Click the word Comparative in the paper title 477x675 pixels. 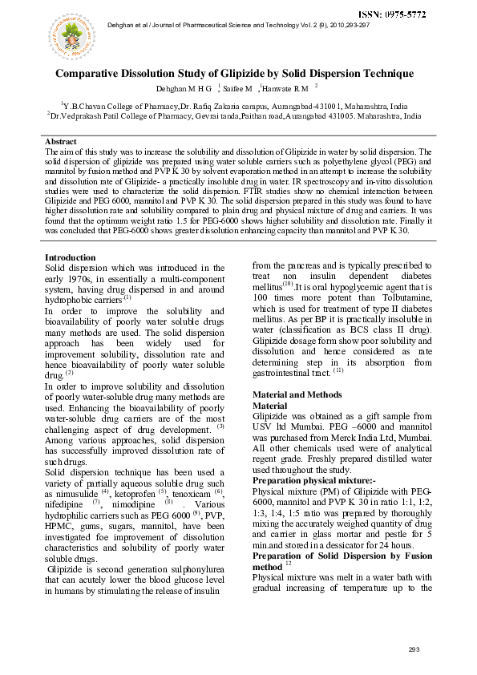pyautogui.click(x=92, y=74)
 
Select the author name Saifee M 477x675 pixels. pyautogui.click(x=236, y=87)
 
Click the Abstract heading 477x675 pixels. pyautogui.click(x=61, y=141)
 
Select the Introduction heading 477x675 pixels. pyautogui.click(x=71, y=257)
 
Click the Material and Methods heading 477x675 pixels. pyautogui.click(x=297, y=394)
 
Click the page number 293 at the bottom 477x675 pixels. pyautogui.click(x=414, y=649)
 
